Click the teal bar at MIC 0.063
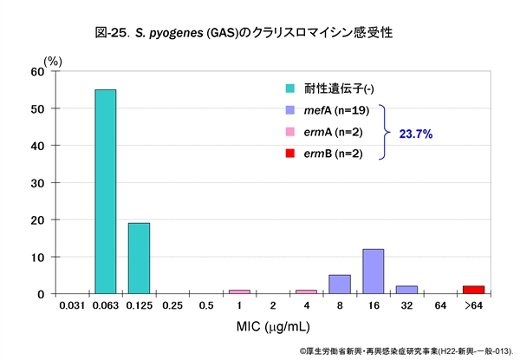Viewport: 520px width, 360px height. [x=105, y=192]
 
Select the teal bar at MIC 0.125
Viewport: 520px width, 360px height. [x=139, y=259]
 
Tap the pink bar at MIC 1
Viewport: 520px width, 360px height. [x=239, y=291]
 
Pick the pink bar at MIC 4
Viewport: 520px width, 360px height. [x=306, y=291]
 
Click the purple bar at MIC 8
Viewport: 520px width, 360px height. [x=340, y=285]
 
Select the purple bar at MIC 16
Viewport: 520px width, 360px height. [x=374, y=272]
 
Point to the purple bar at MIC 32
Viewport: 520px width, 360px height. [x=407, y=290]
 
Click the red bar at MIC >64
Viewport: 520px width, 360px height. [x=474, y=290]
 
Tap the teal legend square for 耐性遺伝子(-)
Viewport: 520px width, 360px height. [x=290, y=88]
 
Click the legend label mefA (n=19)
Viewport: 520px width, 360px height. [x=338, y=110]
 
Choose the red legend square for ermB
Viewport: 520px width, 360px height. [x=290, y=154]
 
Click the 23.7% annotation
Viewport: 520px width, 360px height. [x=415, y=134]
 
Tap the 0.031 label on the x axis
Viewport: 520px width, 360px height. [x=71, y=306]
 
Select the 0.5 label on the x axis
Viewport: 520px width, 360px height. [x=206, y=306]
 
